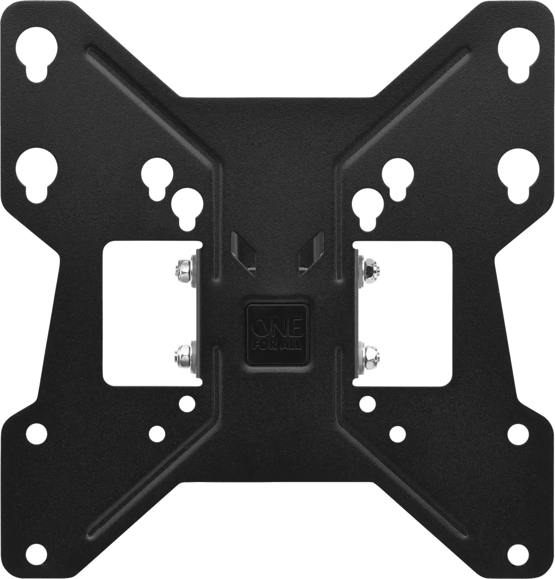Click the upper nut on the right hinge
click(x=372, y=267)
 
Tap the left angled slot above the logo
click(x=244, y=253)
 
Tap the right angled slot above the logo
click(x=311, y=253)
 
